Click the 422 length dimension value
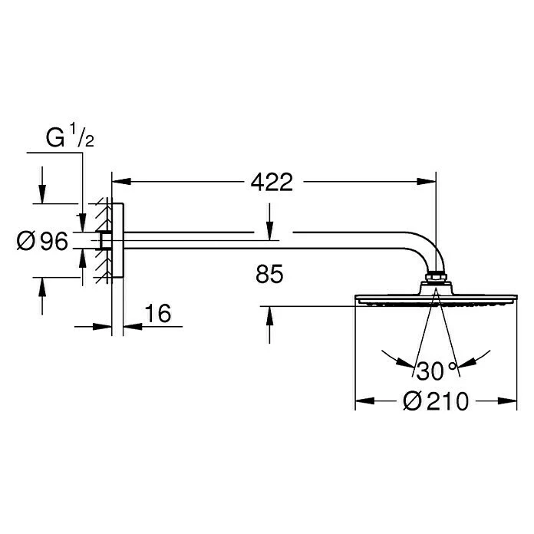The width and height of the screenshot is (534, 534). pyautogui.click(x=272, y=183)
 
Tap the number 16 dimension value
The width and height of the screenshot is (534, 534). pyautogui.click(x=156, y=314)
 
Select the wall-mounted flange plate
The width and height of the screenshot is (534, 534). pyautogui.click(x=117, y=241)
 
